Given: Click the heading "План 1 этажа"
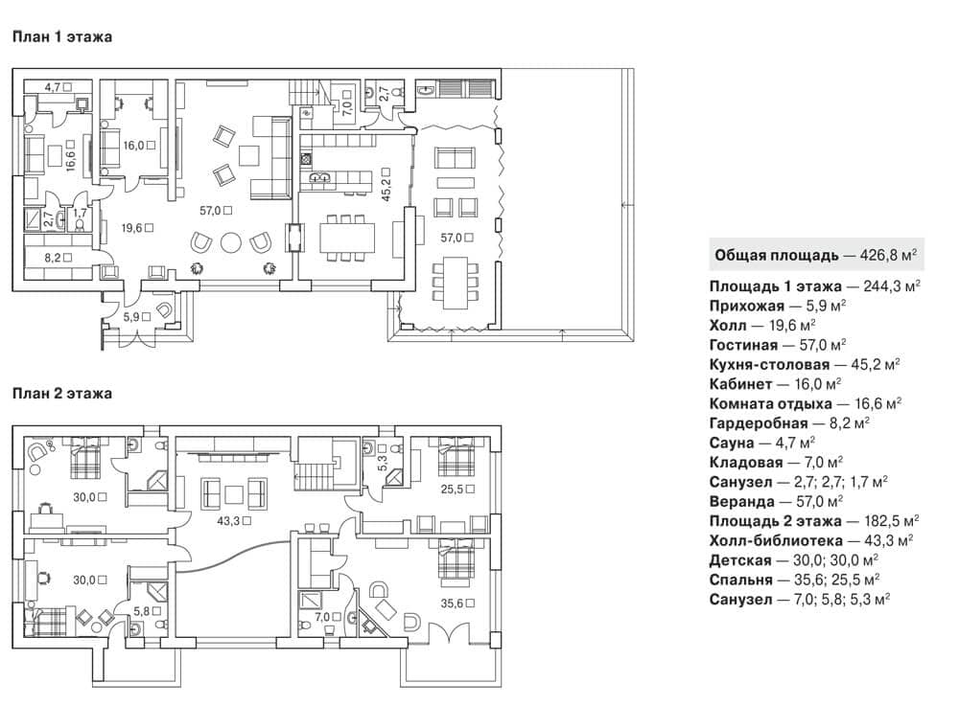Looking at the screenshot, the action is tap(61, 36).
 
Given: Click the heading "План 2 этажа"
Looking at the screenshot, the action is tap(61, 394).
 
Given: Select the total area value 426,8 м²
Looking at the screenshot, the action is tap(888, 255).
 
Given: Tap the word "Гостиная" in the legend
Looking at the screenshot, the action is tap(744, 345).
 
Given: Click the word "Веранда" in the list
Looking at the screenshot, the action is tap(742, 501).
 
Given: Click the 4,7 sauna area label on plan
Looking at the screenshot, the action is tap(52, 87).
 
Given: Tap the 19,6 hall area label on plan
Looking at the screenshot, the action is tap(131, 228).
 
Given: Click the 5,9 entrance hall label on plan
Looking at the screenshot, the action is tap(131, 317).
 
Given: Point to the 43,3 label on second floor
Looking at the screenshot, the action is tap(228, 521).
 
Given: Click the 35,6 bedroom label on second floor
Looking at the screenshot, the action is tap(452, 604).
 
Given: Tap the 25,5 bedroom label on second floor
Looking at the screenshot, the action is tap(452, 489).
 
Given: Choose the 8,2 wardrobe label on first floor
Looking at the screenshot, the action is tap(53, 258).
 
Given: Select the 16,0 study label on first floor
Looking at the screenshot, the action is tap(133, 146).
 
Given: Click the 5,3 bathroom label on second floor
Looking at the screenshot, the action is tap(383, 462).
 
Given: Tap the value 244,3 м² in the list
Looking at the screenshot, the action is tap(892, 286).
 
